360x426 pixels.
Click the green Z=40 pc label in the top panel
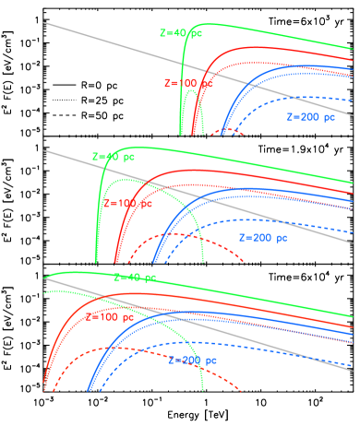(180, 33)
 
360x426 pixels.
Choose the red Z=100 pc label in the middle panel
(127, 203)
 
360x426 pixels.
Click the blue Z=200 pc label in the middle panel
(263, 238)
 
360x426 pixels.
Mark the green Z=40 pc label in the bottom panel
(135, 277)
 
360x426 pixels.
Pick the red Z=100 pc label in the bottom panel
(109, 317)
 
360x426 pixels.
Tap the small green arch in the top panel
(192, 114)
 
